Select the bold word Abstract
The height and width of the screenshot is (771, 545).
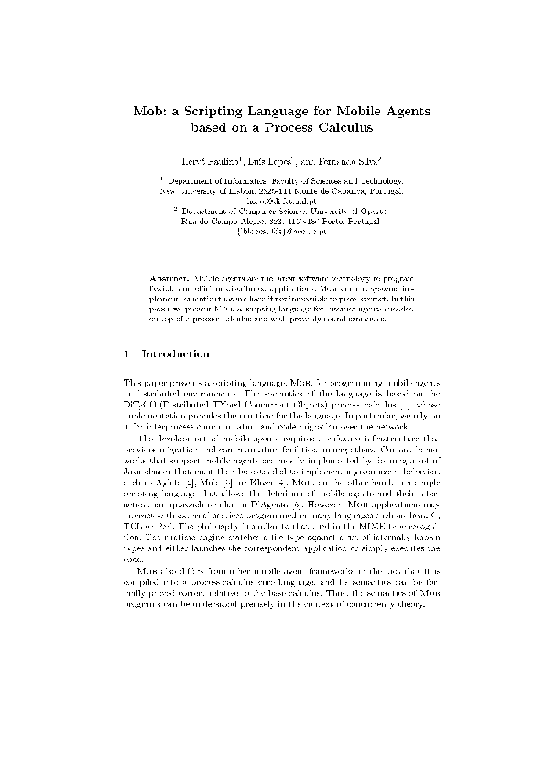pos(169,275)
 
